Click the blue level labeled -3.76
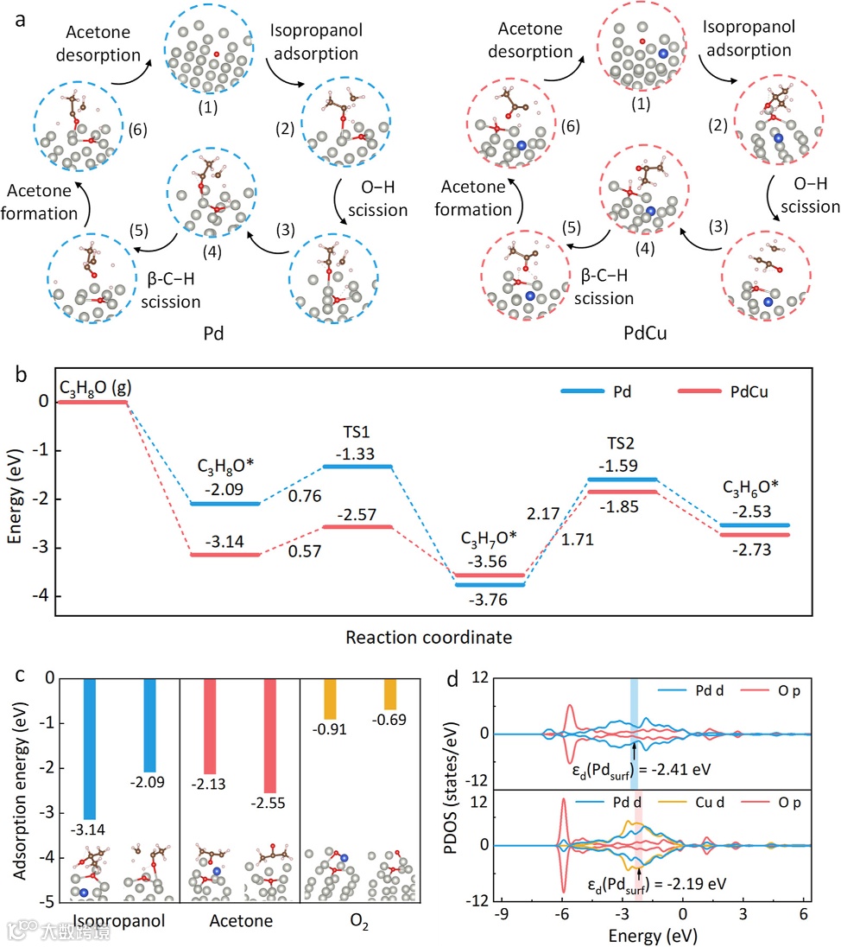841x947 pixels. click(x=489, y=584)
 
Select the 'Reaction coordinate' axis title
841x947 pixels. click(x=428, y=638)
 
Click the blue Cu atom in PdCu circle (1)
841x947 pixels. click(x=663, y=53)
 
